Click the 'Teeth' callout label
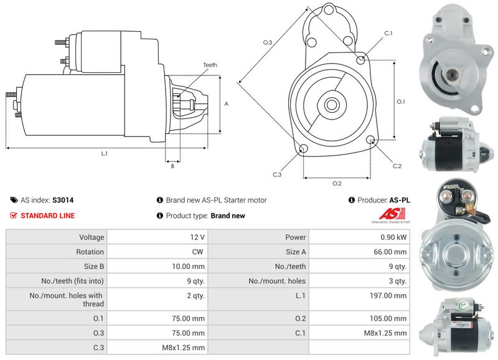(210, 65)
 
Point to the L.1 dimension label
(104, 153)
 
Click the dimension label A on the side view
(227, 104)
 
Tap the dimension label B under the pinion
(172, 166)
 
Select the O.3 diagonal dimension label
(267, 42)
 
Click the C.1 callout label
(388, 33)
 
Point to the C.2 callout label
(397, 166)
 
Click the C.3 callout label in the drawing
(277, 174)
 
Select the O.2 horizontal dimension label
(337, 183)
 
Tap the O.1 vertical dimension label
(401, 102)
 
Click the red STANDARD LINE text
(47, 216)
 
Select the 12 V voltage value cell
(198, 237)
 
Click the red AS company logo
(390, 214)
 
